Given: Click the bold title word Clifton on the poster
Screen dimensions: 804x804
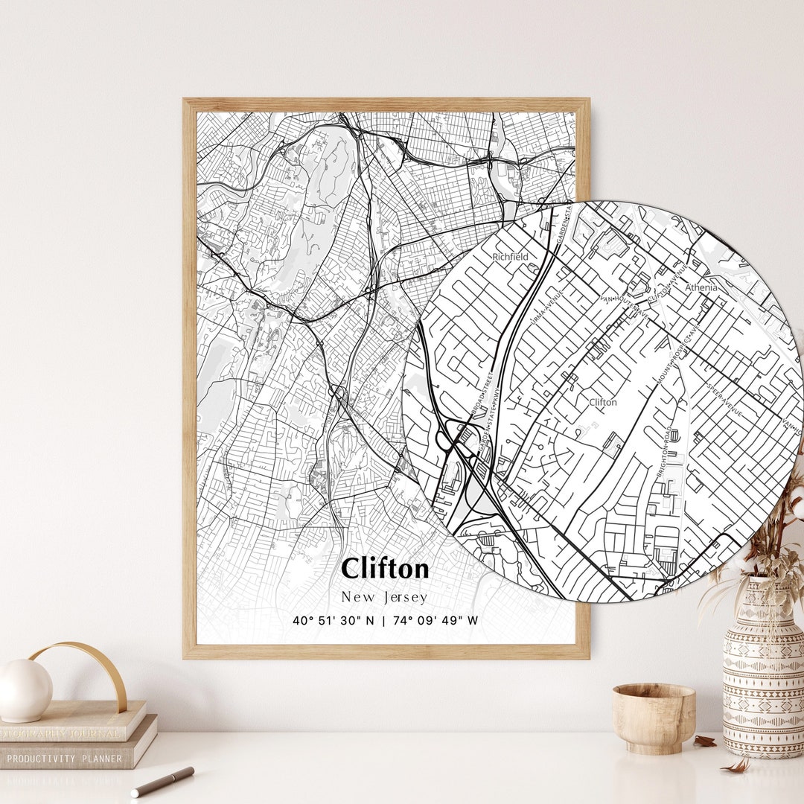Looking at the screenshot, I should tap(385, 569).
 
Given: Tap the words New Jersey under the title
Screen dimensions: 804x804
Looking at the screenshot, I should tap(385, 597).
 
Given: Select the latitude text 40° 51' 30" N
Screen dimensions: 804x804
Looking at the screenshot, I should tap(334, 620).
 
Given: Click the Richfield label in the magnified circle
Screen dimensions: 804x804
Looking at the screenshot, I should tap(510, 257).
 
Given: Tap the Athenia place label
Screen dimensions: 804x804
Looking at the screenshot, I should tap(701, 287).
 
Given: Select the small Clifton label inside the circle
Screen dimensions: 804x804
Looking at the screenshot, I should tap(603, 402).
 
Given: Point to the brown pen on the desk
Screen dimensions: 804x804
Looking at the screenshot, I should tap(162, 781).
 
